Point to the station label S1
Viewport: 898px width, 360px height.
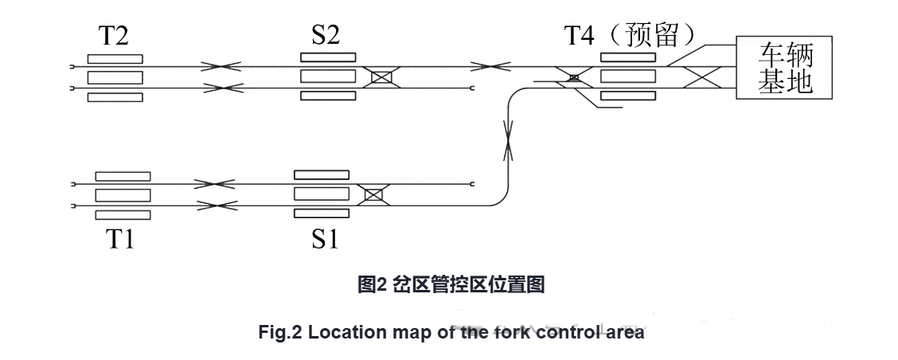pyautogui.click(x=324, y=238)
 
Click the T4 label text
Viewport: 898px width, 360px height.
pyautogui.click(x=581, y=35)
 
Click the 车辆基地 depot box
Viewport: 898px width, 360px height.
pyautogui.click(x=785, y=68)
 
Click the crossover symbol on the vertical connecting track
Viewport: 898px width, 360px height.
pyautogui.click(x=507, y=143)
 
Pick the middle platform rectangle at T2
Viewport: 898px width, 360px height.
pyautogui.click(x=115, y=77)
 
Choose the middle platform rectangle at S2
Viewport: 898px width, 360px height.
pyautogui.click(x=327, y=77)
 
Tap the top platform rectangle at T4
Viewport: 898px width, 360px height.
pyautogui.click(x=627, y=57)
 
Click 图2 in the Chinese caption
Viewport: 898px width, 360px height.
pyautogui.click(x=371, y=285)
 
